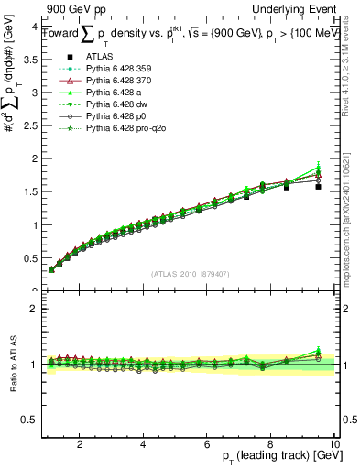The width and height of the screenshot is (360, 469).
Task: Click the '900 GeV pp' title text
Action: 72,10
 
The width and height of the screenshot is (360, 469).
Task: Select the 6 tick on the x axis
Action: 207,444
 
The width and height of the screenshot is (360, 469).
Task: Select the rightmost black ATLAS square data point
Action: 318,186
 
